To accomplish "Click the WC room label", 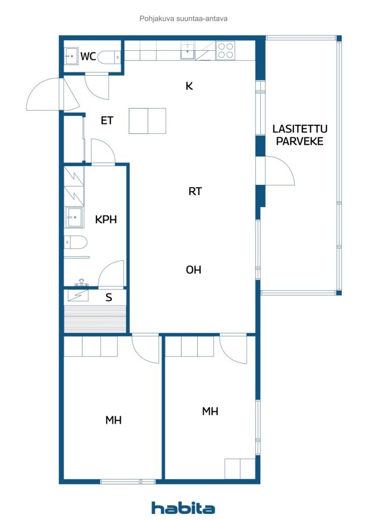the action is pos(88,56).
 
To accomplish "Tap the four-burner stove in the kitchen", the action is pos(226,50).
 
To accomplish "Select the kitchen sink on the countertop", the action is pos(188,50).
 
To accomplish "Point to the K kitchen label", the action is pos(189,86).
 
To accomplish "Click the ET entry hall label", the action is pos(107,120).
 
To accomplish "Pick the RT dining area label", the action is pos(195,191).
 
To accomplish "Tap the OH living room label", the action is pos(194,270).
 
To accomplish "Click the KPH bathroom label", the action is pos(106,219).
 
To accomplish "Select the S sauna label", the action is pos(109,298).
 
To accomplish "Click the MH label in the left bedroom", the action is pos(113,420).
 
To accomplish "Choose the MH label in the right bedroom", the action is pos(210,411).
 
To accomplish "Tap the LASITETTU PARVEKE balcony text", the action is pos(300,135).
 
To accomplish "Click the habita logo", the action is pos(183,507).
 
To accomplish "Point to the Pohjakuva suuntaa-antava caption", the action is pos(183,19).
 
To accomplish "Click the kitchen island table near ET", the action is pos(147,121).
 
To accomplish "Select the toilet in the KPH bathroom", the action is pos(75,242).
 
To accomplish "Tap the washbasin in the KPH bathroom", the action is pos(74,217).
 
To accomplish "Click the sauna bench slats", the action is pos(95,319).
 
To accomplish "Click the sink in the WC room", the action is pos(71,56).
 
